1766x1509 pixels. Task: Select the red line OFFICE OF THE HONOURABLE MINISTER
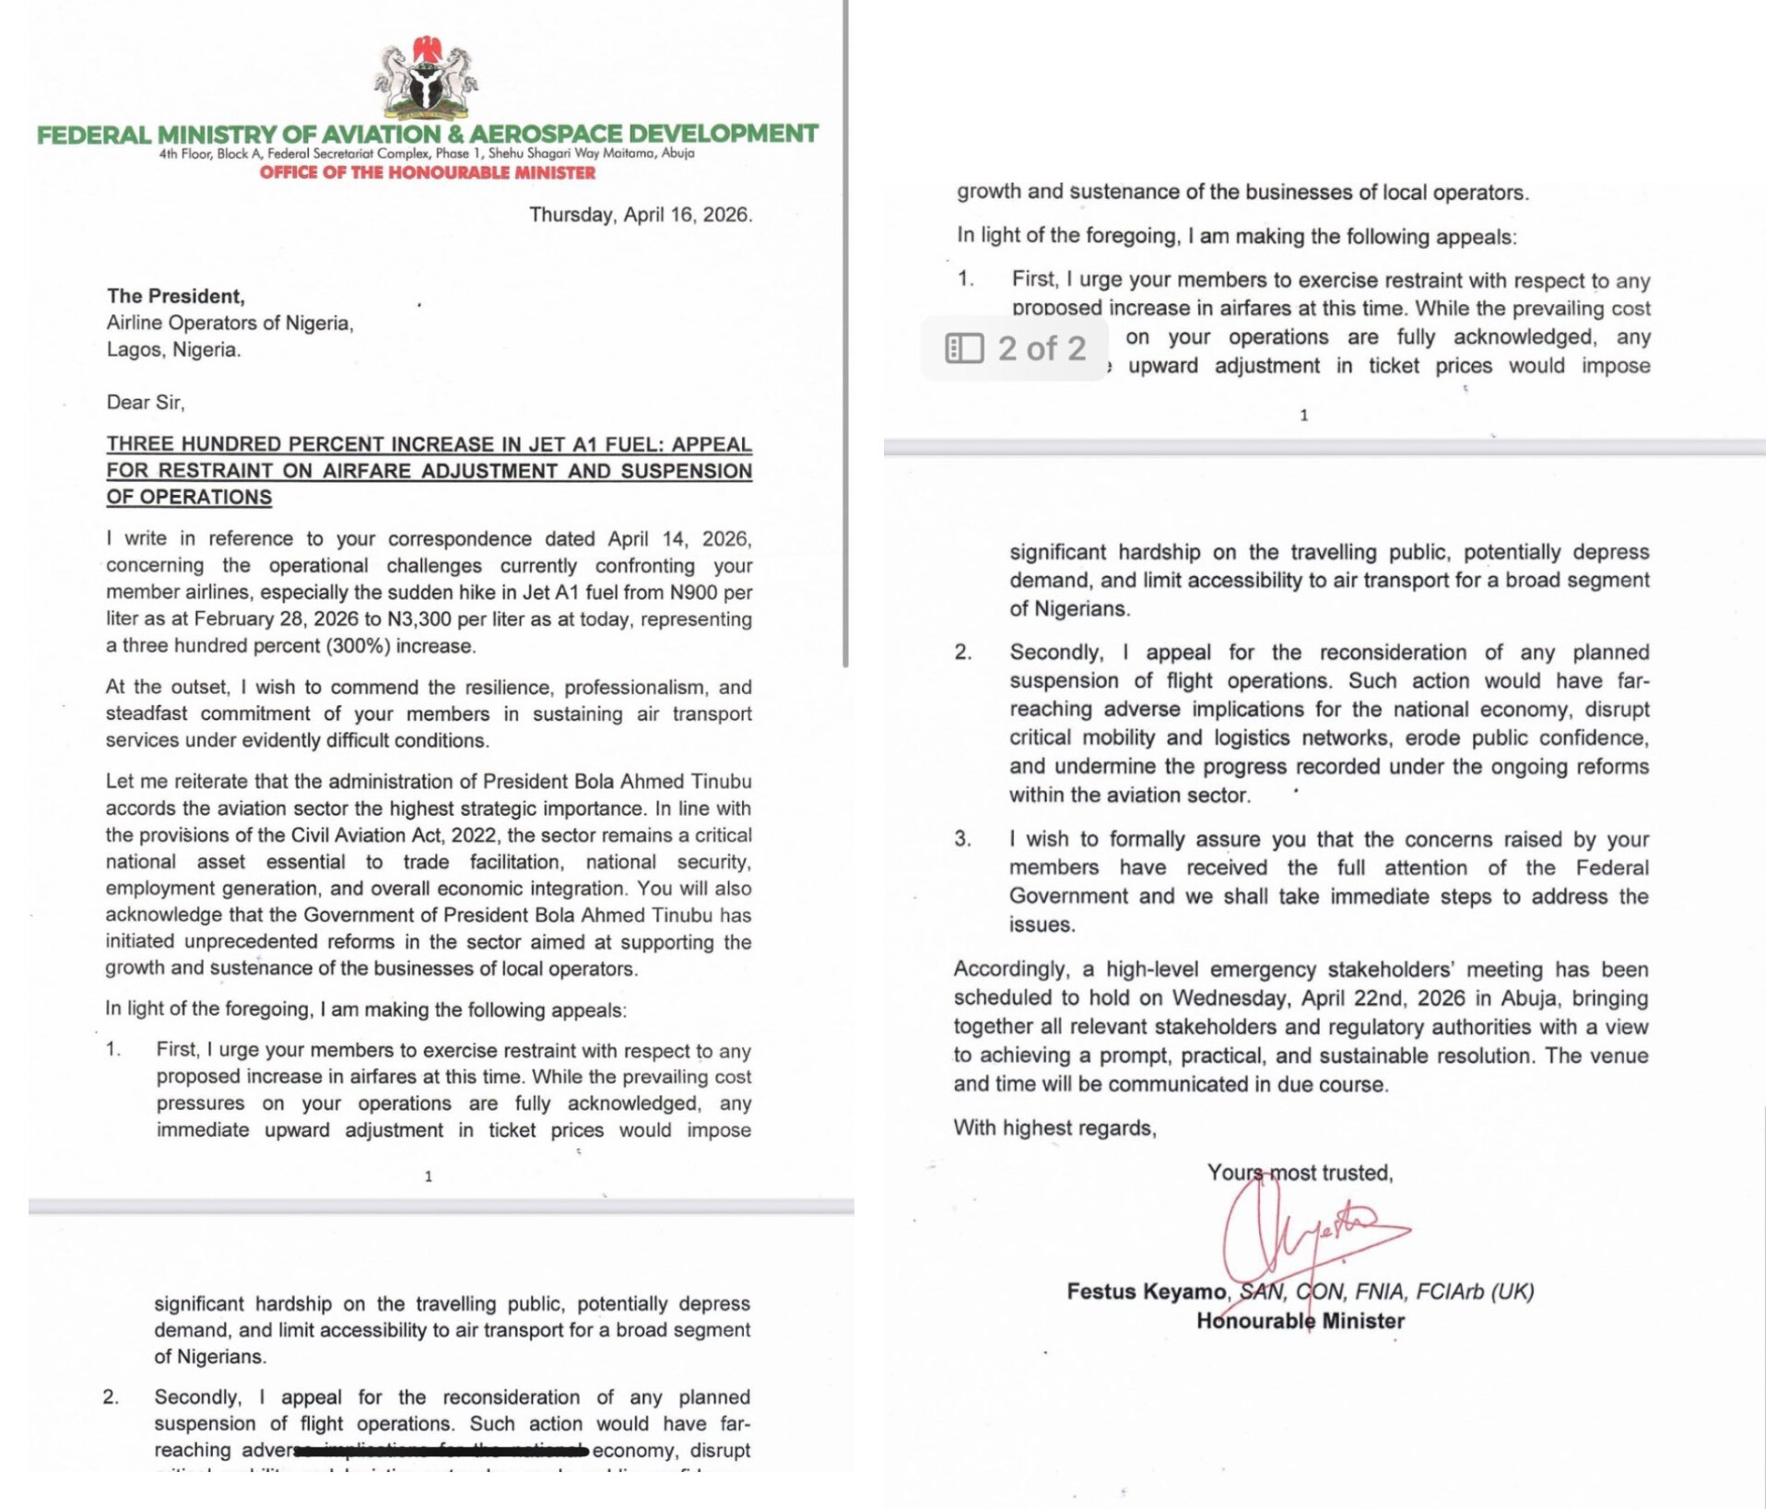pos(428,173)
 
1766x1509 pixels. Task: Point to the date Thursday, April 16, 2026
pos(641,215)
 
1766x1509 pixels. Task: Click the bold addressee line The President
pos(175,296)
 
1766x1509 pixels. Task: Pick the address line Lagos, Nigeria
pos(173,349)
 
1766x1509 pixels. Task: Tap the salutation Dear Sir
pos(145,402)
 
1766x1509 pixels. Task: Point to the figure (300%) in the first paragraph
pos(359,646)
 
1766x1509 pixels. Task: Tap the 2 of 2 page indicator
pos(1042,348)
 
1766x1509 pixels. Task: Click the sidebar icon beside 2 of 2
pos(964,348)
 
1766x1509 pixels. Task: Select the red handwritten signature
pos(1309,1231)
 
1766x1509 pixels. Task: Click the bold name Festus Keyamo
pos(1147,1291)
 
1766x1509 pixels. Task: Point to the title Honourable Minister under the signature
pos(1300,1321)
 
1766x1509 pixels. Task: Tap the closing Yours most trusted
pos(1300,1173)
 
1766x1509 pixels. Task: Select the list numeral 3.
pos(962,839)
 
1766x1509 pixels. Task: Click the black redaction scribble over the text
pos(442,1451)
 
